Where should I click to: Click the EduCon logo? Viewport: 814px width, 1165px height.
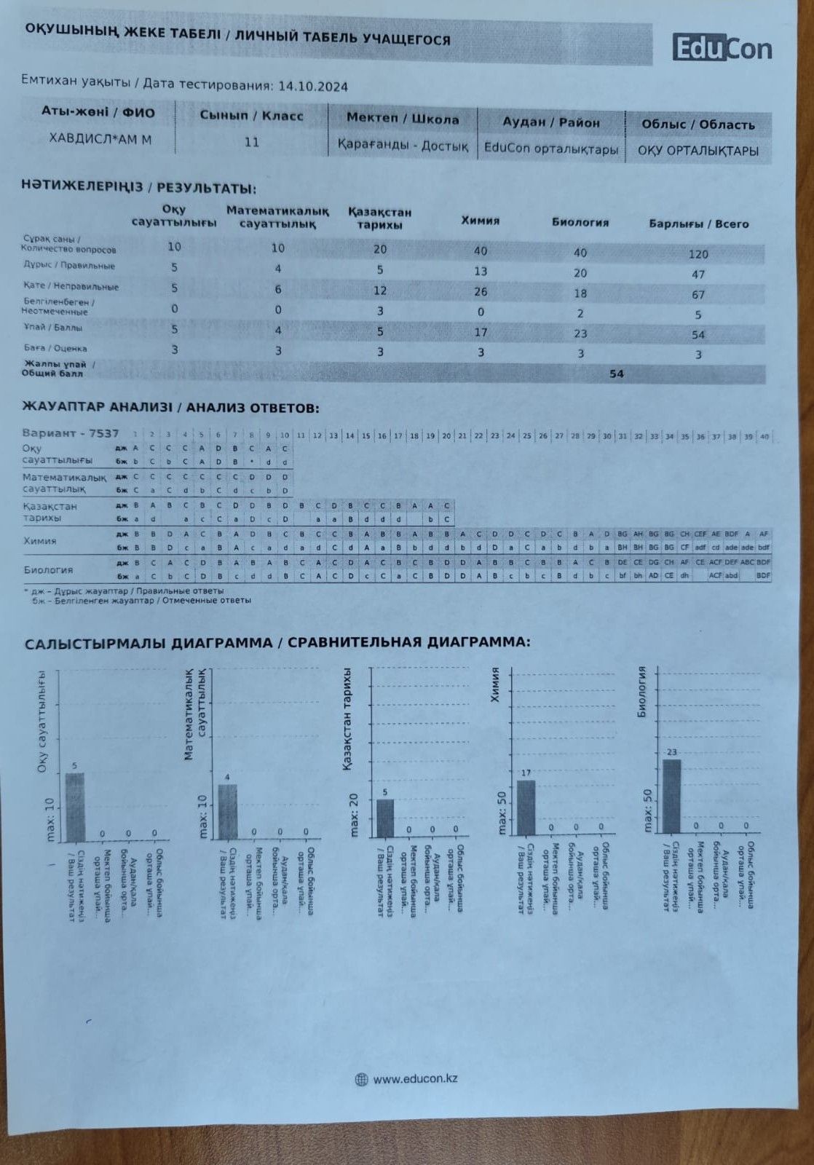pyautogui.click(x=722, y=48)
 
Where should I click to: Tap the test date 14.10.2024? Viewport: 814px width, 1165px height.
pyautogui.click(x=313, y=86)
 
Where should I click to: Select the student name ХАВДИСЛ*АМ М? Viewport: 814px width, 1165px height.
pyautogui.click(x=100, y=139)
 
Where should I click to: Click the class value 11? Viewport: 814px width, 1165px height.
pyautogui.click(x=252, y=142)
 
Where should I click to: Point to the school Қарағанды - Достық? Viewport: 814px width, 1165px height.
pyautogui.click(x=403, y=146)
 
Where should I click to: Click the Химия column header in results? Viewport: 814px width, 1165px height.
pyautogui.click(x=481, y=221)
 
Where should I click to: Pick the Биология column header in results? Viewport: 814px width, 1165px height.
pyautogui.click(x=580, y=223)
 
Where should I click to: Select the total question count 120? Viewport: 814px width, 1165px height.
pyautogui.click(x=698, y=254)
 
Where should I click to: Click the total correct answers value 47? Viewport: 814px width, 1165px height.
pyautogui.click(x=698, y=275)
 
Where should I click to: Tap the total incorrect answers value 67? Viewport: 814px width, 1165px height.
pyautogui.click(x=698, y=295)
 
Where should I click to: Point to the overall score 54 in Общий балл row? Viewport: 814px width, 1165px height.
pyautogui.click(x=617, y=374)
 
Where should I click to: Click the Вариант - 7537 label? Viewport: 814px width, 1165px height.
pyautogui.click(x=70, y=433)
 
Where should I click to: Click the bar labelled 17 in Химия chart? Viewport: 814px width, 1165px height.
pyautogui.click(x=526, y=807)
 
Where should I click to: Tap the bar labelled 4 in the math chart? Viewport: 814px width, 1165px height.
pyautogui.click(x=228, y=811)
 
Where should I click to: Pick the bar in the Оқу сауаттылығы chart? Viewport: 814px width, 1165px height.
pyautogui.click(x=75, y=805)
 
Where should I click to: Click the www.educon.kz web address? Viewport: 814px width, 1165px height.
pyautogui.click(x=415, y=1079)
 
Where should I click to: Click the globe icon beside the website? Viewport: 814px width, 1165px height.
pyautogui.click(x=361, y=1079)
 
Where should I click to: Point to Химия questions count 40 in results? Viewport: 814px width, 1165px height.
pyautogui.click(x=480, y=251)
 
